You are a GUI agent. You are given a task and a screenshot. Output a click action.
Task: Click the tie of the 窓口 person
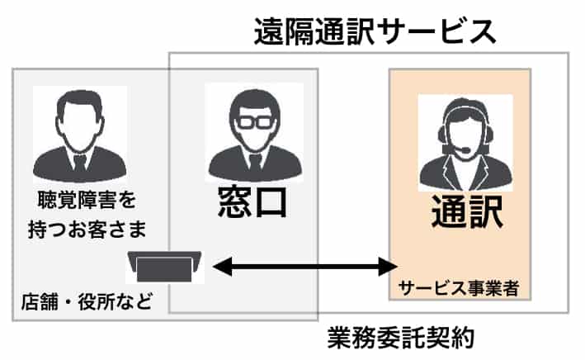point(252,161)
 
